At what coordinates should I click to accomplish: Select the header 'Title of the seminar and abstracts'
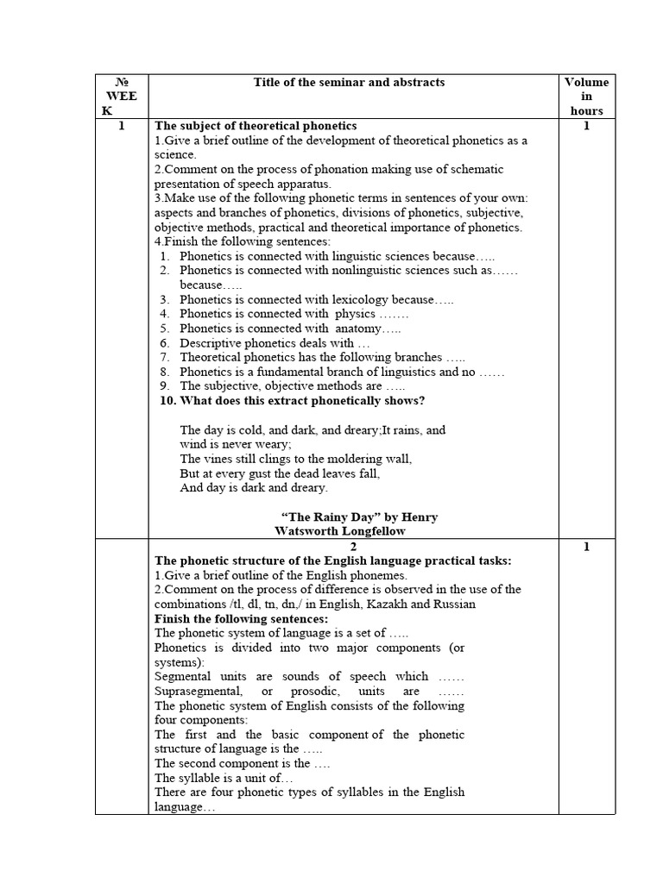(349, 82)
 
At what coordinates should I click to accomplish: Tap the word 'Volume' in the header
(586, 83)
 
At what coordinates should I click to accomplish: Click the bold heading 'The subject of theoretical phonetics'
(256, 126)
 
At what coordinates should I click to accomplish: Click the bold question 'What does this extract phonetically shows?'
(302, 401)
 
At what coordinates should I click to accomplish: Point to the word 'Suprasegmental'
(194, 691)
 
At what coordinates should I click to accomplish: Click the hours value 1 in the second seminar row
(586, 547)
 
